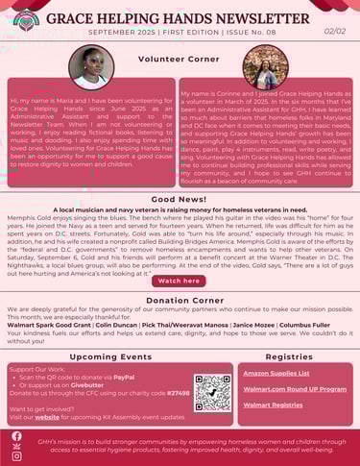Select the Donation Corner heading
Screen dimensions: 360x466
(180, 301)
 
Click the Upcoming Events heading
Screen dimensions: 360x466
(110, 356)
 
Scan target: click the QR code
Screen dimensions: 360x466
(211, 392)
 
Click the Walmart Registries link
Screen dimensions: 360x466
(272, 405)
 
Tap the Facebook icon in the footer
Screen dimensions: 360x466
(16, 436)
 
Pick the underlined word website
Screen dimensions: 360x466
(45, 418)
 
